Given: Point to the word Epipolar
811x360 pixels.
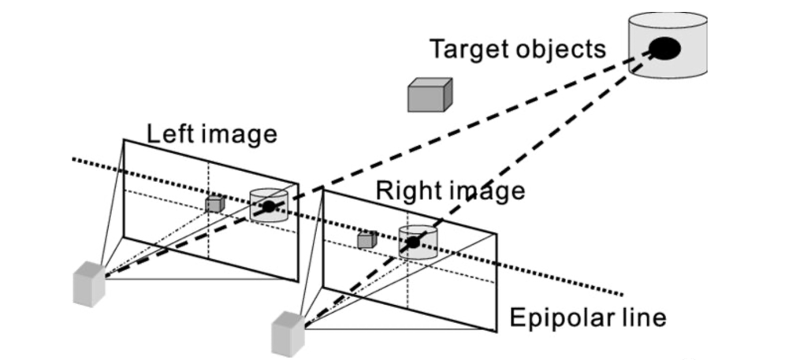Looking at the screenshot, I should coord(561,318).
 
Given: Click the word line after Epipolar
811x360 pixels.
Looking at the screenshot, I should coord(643,318).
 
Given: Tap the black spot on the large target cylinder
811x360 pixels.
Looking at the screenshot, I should coord(665,50).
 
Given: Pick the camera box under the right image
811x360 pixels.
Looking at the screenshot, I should coord(288,334).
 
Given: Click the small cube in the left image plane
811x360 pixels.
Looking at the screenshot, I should coord(213,203).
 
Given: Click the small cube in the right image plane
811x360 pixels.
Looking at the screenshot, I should coord(365,239).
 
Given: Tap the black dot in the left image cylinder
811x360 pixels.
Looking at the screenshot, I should coord(269,206).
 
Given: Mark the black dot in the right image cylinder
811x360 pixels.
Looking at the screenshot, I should coord(412,242).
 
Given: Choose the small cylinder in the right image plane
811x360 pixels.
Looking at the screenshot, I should coord(417,242).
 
